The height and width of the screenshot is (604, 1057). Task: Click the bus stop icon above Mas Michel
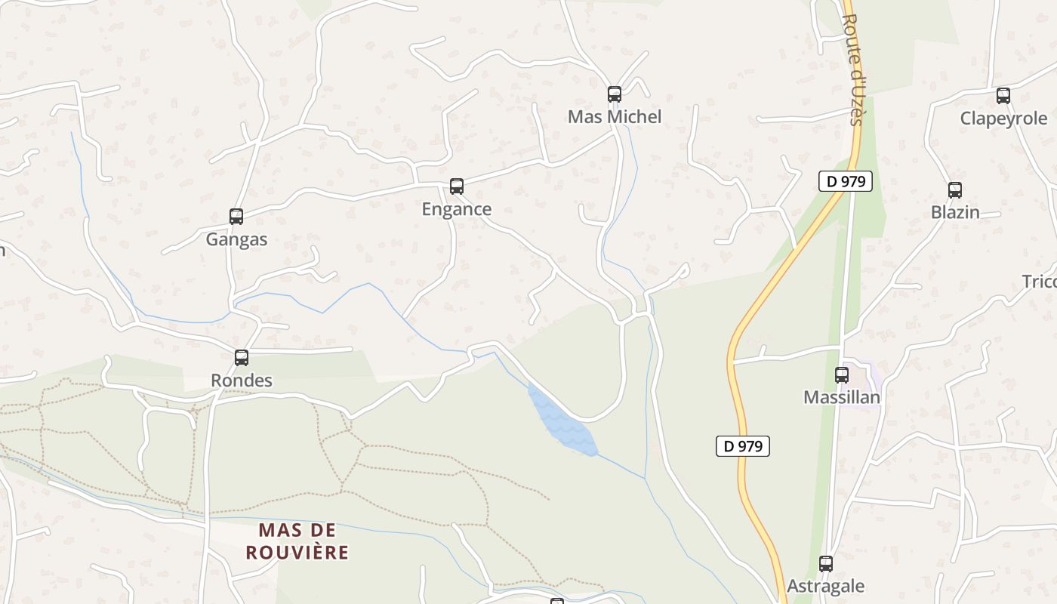[615, 94]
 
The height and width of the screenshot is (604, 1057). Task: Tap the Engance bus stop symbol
[456, 186]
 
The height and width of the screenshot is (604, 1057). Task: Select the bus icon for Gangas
[236, 217]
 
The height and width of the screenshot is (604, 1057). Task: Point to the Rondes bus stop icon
[242, 358]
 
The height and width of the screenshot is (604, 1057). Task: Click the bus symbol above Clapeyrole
[1003, 96]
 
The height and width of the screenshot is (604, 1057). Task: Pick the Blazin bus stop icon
[955, 190]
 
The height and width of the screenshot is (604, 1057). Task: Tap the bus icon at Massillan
[842, 374]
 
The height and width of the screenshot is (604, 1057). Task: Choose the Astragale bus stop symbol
[826, 563]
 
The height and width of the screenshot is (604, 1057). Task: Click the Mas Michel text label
[615, 117]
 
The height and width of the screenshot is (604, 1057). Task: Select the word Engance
[456, 209]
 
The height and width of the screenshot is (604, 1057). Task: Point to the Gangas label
[236, 240]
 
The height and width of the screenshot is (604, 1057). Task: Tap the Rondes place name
[242, 381]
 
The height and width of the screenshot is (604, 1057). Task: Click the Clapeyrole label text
[1003, 119]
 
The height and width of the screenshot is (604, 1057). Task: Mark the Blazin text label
[955, 213]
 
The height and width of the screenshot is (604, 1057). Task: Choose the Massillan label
[842, 397]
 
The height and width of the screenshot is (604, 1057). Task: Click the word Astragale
[826, 586]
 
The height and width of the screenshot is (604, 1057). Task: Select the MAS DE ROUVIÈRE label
[297, 541]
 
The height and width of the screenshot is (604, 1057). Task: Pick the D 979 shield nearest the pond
[743, 446]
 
